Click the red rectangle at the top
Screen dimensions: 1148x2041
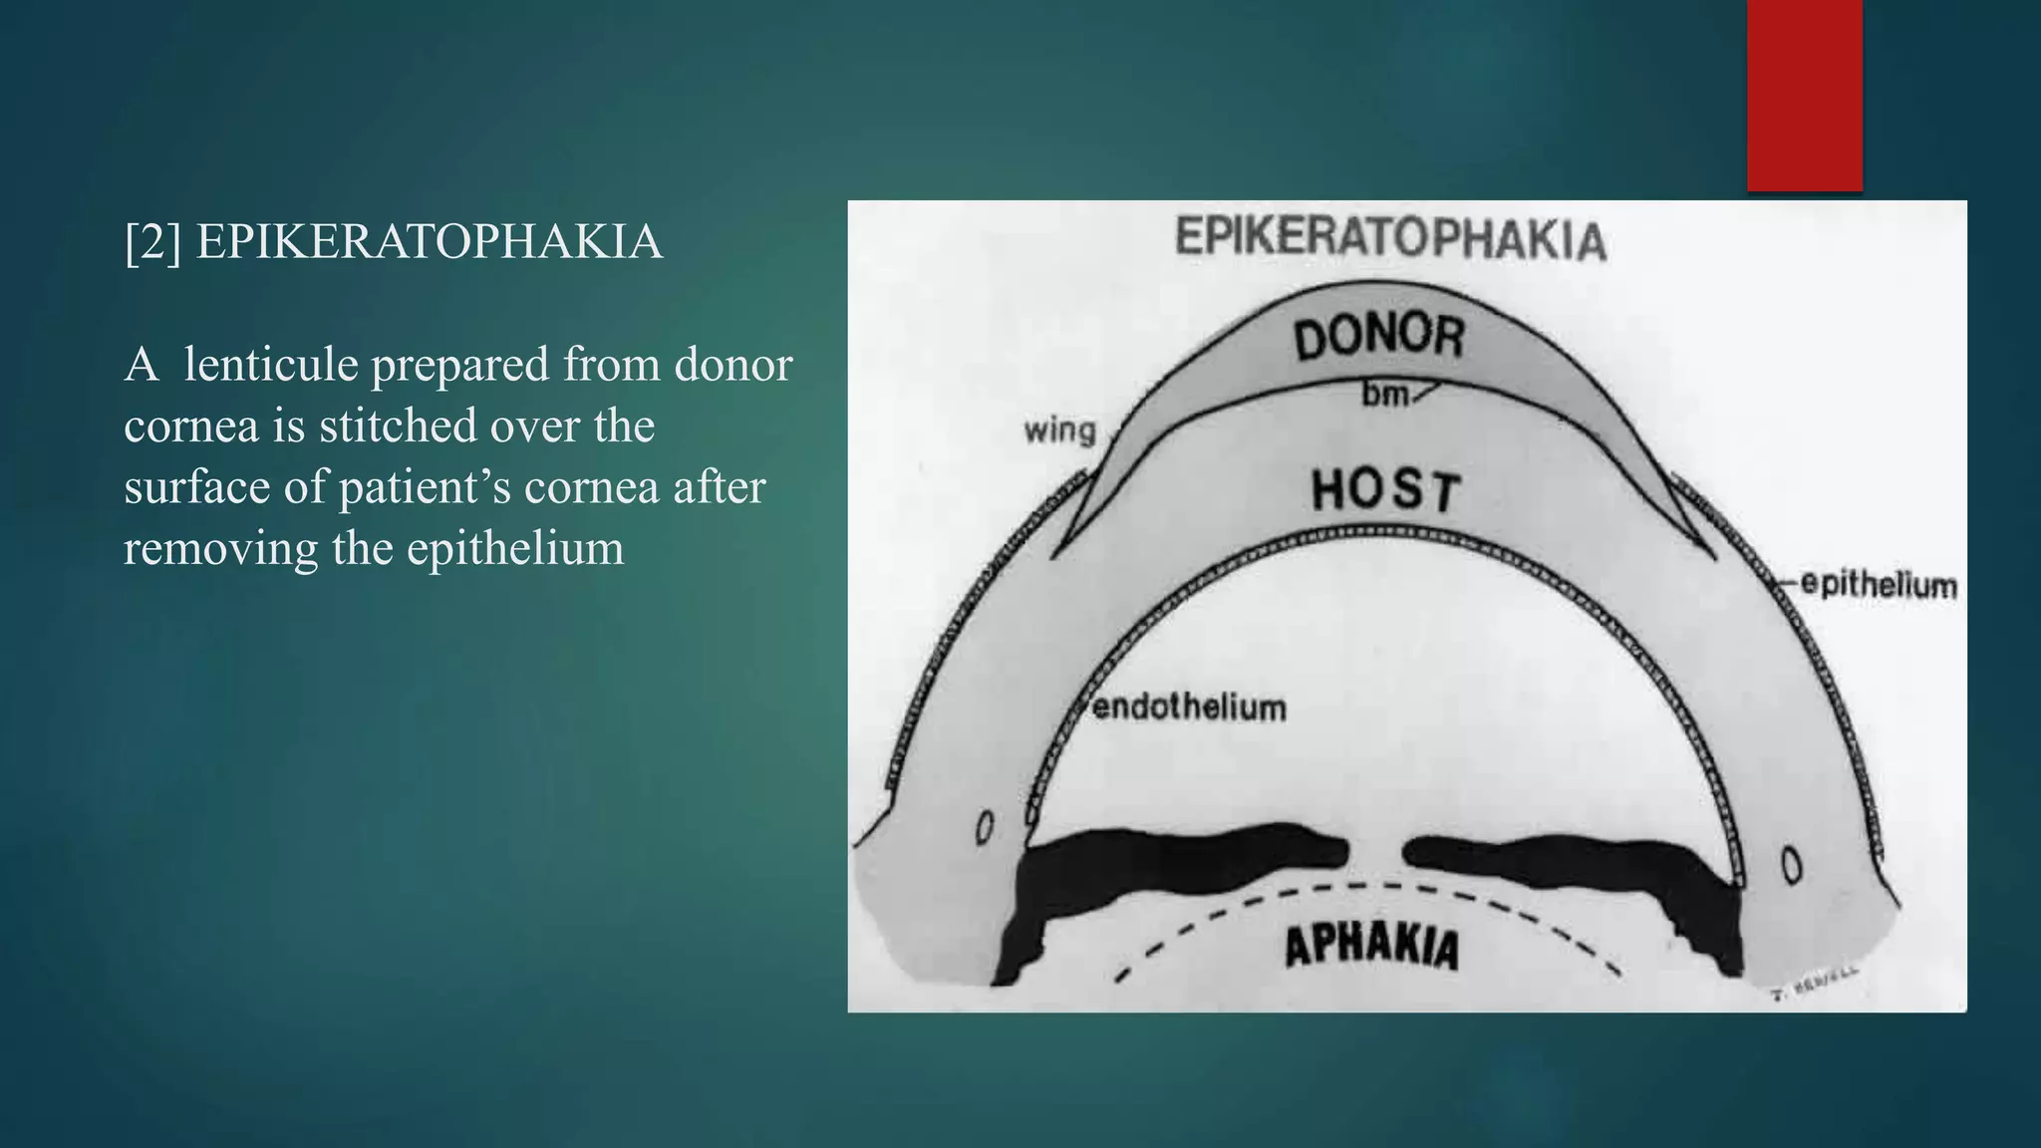point(1804,95)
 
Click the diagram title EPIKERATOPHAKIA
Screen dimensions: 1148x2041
point(1390,238)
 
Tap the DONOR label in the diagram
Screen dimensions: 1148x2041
point(1379,338)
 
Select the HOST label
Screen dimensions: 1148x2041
point(1385,491)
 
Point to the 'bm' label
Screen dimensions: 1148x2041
point(1385,396)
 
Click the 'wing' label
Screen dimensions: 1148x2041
point(1059,430)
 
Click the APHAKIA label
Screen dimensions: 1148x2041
point(1371,947)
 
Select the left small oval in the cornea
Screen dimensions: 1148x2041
point(985,826)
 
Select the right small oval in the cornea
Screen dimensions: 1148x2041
point(1791,864)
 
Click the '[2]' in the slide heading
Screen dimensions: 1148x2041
point(152,242)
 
